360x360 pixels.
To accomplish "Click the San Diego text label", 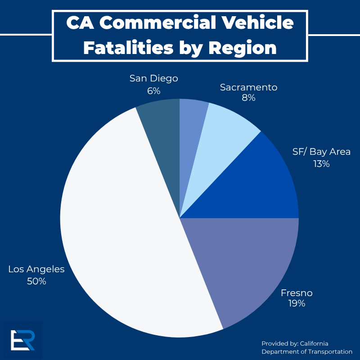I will click(x=153, y=78).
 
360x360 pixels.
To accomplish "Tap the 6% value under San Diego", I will click(x=153, y=90).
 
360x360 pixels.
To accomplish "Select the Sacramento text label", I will click(x=248, y=87).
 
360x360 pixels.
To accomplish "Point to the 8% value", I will click(x=248, y=98).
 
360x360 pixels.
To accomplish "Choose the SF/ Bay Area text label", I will click(x=321, y=152).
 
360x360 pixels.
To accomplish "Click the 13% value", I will click(x=321, y=164).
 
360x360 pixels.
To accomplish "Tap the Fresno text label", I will click(x=297, y=293).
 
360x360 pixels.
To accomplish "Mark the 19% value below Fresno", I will click(x=297, y=304).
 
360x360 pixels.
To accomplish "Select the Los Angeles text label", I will click(x=36, y=269).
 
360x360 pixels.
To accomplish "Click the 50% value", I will click(x=36, y=281).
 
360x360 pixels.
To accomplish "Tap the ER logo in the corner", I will click(x=23, y=340).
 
